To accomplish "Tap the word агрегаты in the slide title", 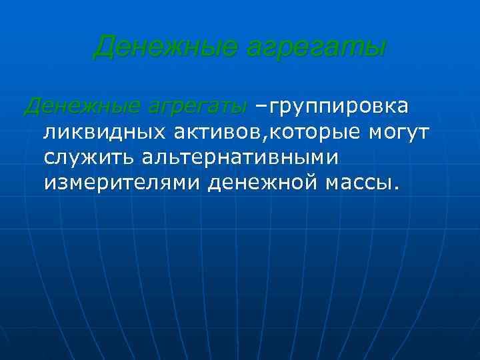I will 310,47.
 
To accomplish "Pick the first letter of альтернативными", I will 148,158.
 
